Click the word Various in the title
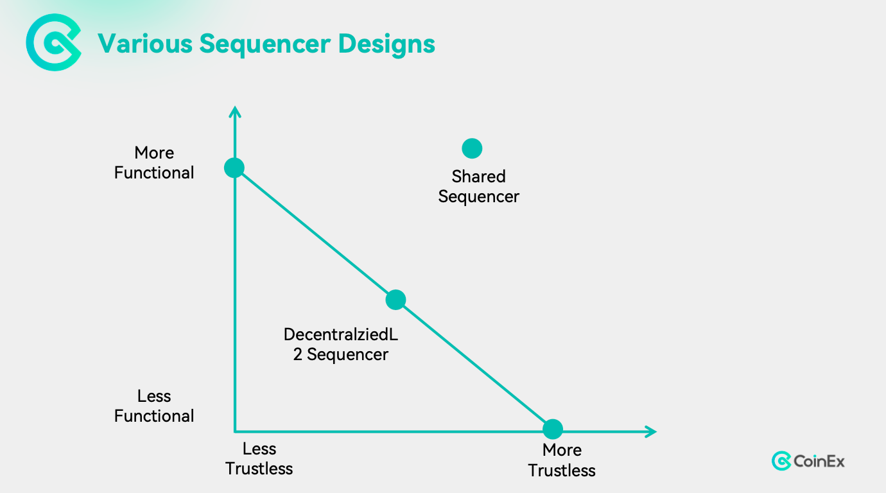(x=144, y=44)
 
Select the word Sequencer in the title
(x=265, y=45)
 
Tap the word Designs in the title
(x=387, y=45)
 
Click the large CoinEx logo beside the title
(x=54, y=42)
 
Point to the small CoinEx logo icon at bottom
(x=781, y=461)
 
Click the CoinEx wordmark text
(x=819, y=462)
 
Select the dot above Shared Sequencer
(x=472, y=149)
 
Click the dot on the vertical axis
(x=234, y=168)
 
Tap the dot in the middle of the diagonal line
(x=395, y=300)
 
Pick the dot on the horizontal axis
(x=553, y=429)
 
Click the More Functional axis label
(x=154, y=163)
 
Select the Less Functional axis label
(x=154, y=406)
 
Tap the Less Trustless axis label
(x=259, y=458)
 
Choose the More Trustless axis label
(x=562, y=460)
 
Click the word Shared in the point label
(x=478, y=177)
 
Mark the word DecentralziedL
(x=340, y=334)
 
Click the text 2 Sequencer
(x=340, y=354)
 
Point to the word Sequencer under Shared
(x=478, y=197)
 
